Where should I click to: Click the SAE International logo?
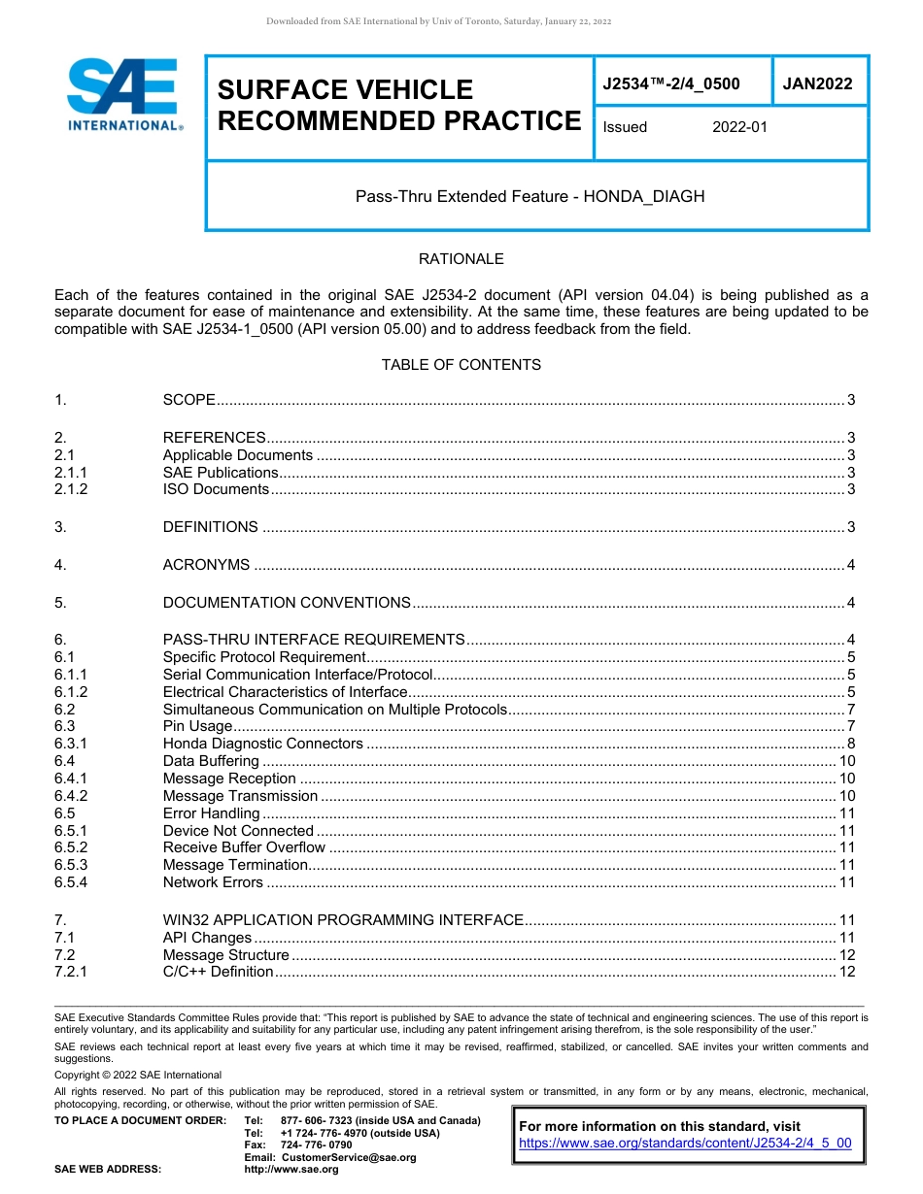tap(122, 94)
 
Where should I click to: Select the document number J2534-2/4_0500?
tap(670, 83)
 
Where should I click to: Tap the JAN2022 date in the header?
tap(817, 83)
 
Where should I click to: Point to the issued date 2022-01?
tap(739, 127)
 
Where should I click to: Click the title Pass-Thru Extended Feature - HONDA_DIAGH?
tap(530, 196)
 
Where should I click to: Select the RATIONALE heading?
tap(461, 259)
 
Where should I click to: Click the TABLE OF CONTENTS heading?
tap(461, 365)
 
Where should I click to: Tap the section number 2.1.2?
tap(71, 489)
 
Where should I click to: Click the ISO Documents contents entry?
tap(216, 489)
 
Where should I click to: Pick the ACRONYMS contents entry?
tap(206, 565)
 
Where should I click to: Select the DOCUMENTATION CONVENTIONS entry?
tap(287, 603)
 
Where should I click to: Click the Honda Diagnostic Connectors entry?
tap(262, 744)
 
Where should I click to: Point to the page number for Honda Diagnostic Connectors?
tap(850, 744)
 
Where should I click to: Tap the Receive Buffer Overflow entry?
tap(244, 847)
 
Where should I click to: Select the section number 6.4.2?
tap(71, 796)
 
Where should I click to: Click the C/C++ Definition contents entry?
tap(218, 972)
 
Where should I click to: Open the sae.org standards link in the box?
tap(685, 1143)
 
